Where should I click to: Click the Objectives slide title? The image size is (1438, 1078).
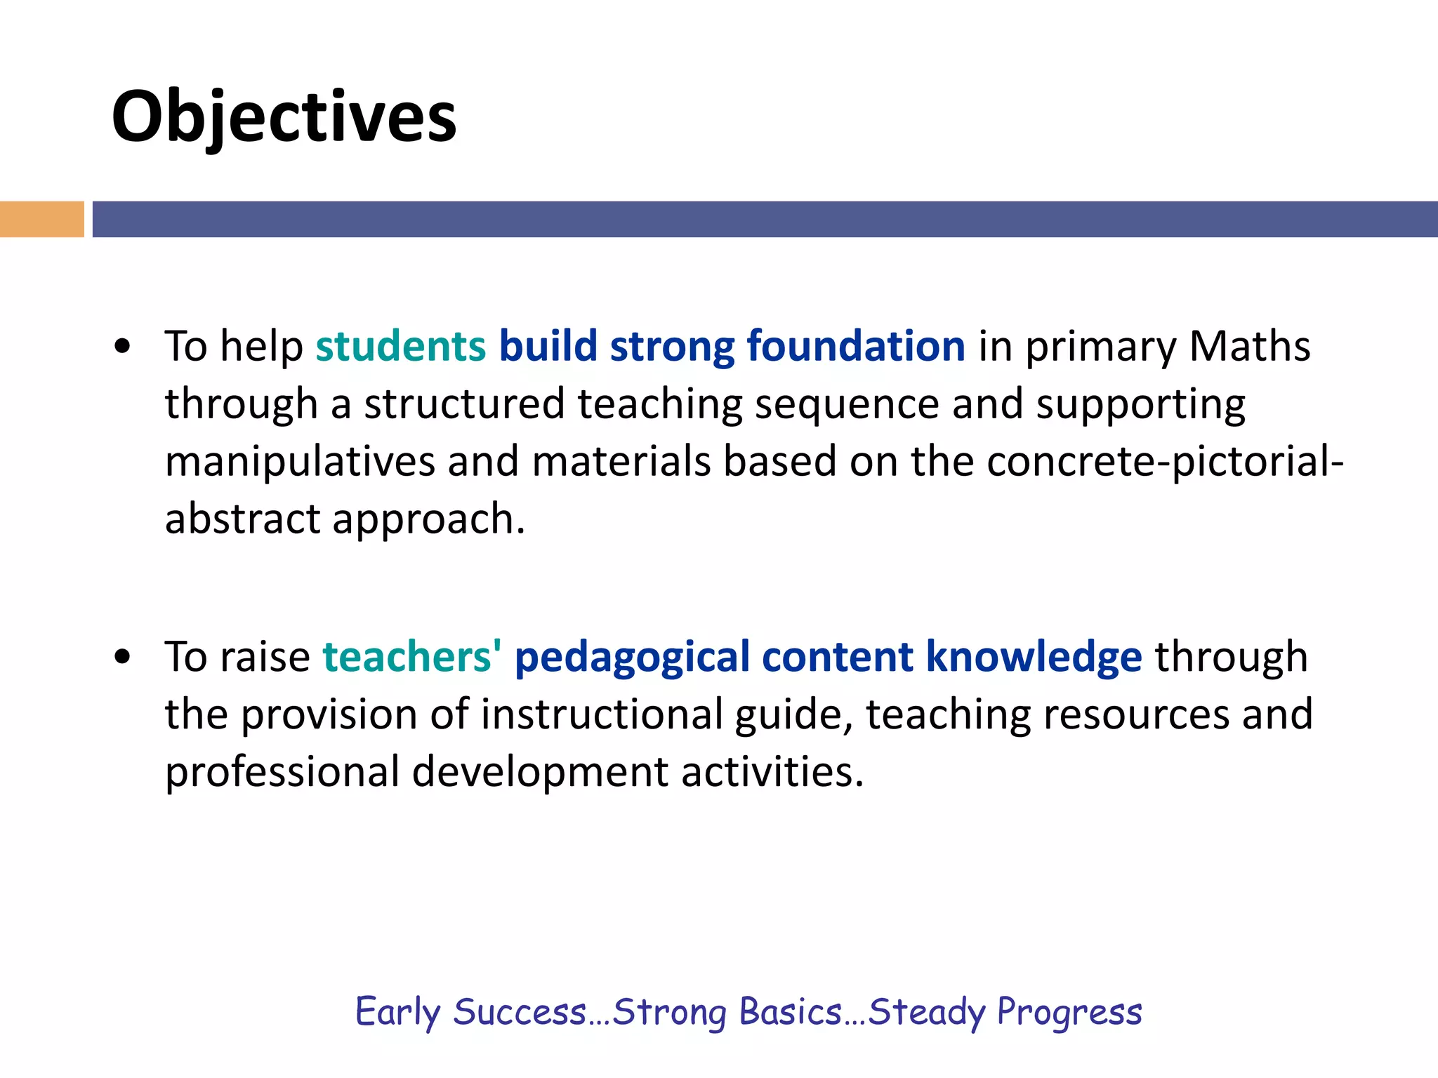click(x=284, y=117)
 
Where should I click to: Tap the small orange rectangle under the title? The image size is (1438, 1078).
click(x=41, y=219)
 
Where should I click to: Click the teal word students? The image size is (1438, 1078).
click(x=400, y=346)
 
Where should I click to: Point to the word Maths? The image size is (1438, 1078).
click(x=1249, y=346)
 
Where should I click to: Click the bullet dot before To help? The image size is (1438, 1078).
click(x=123, y=347)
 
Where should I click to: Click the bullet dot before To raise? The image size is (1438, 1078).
click(x=123, y=658)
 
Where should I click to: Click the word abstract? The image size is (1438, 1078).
click(x=242, y=519)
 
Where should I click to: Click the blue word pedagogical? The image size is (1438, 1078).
click(x=632, y=657)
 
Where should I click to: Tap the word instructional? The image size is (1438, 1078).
click(x=602, y=714)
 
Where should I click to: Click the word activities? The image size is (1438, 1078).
click(x=772, y=772)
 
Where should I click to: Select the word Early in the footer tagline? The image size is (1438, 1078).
click(x=397, y=1013)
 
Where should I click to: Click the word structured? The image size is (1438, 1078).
click(x=464, y=404)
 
